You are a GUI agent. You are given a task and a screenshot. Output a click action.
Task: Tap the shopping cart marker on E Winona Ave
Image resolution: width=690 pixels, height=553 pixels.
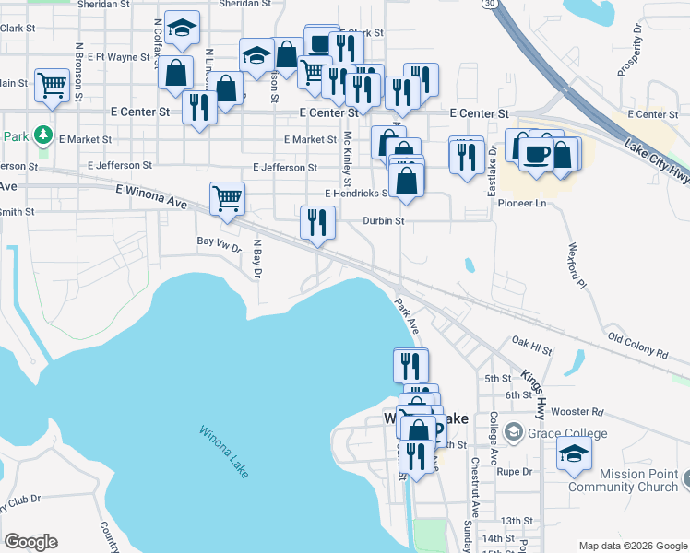point(227,198)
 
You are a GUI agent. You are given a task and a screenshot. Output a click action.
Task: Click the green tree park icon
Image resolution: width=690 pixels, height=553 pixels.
point(42,136)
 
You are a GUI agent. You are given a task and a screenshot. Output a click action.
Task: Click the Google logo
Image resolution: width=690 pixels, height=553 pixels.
point(30,542)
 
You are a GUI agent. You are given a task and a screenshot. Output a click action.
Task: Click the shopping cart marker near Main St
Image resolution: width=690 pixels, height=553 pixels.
point(53,85)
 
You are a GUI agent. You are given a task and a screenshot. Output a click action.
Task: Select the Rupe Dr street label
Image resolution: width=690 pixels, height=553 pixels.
point(515,472)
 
